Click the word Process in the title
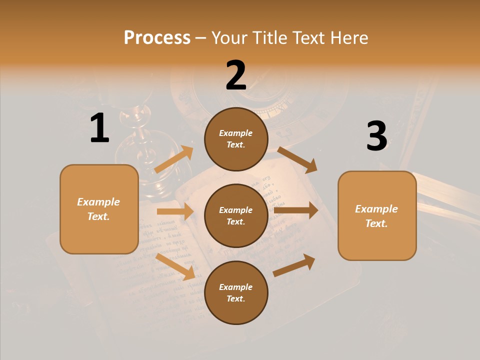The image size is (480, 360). [157, 37]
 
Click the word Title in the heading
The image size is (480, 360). [269, 37]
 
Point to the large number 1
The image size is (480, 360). [99, 128]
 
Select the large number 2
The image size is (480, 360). [236, 75]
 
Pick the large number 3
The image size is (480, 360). [376, 136]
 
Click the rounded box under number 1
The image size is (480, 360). [99, 209]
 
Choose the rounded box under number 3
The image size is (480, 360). [377, 215]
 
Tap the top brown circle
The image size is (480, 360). [236, 139]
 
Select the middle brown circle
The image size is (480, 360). [236, 215]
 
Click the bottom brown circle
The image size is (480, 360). [236, 292]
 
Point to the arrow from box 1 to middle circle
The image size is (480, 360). [175, 211]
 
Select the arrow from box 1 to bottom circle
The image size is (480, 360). [175, 266]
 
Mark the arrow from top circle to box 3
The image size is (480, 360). [297, 159]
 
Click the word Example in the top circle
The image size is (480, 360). [236, 133]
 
